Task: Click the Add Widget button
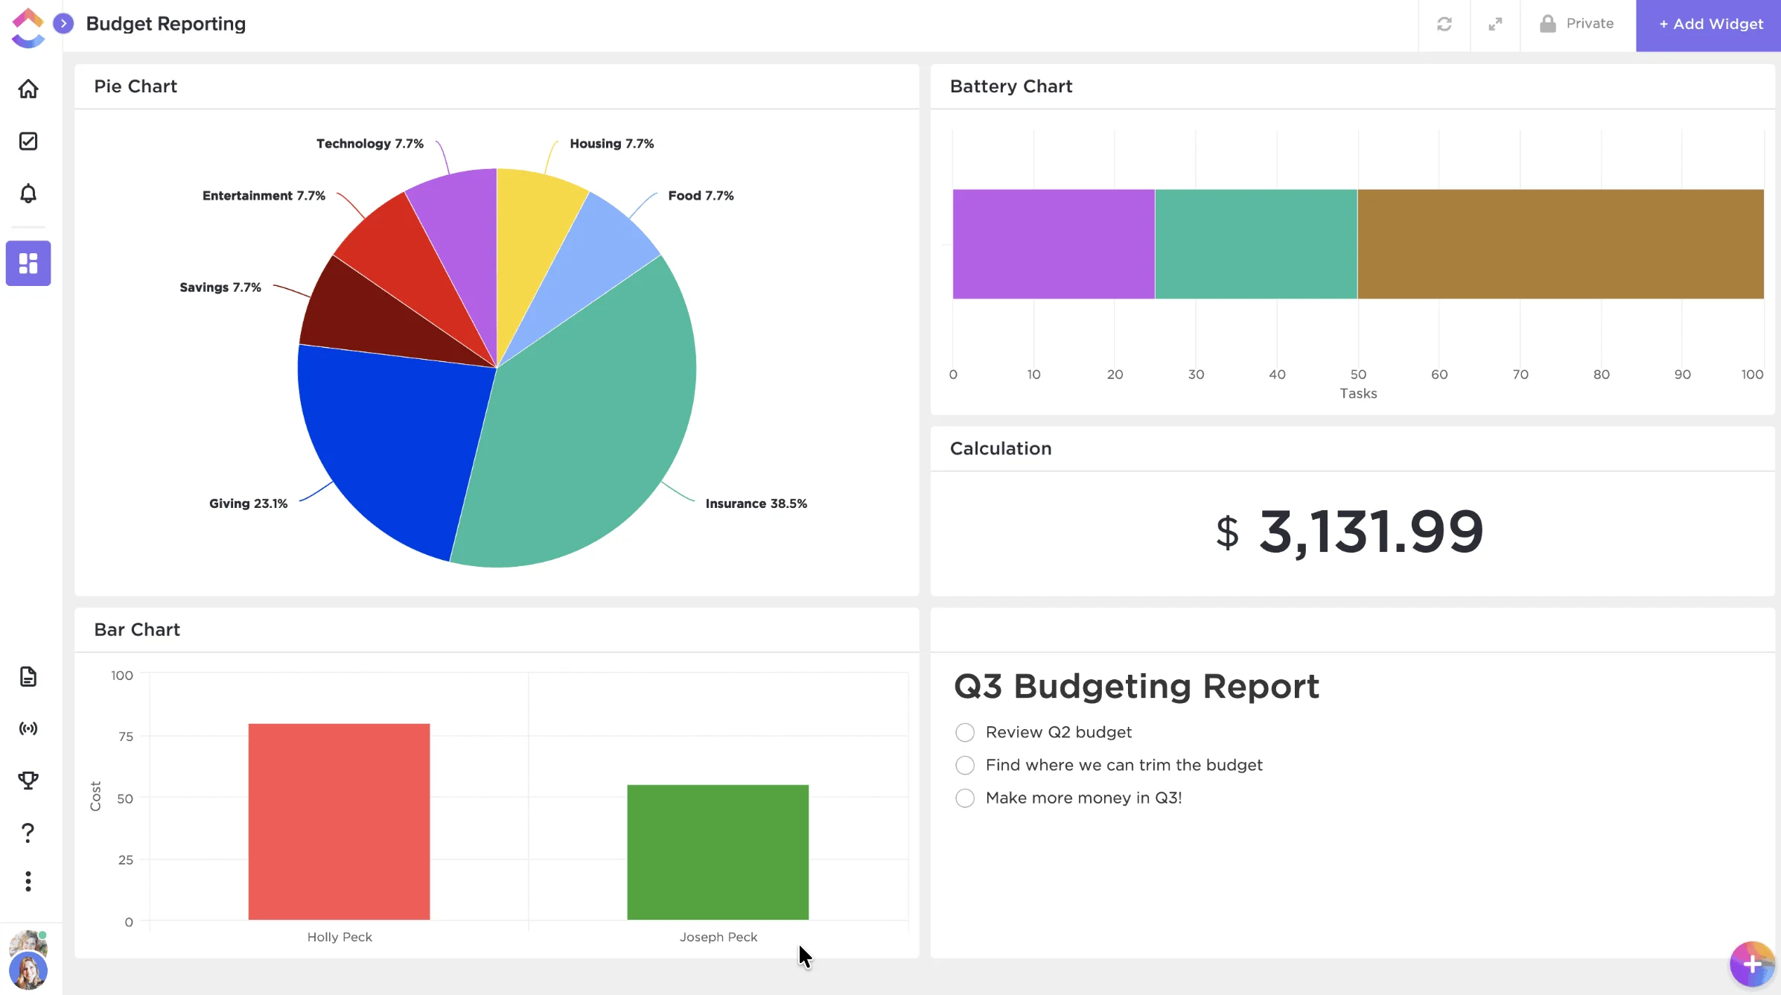click(1710, 25)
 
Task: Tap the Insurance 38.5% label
click(756, 503)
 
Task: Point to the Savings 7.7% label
click(220, 287)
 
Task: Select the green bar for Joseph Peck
click(718, 852)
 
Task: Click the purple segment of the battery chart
click(1054, 244)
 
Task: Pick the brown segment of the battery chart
click(1560, 244)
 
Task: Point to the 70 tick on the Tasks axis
click(1520, 375)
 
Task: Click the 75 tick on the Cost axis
click(126, 737)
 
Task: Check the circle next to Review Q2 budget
click(965, 733)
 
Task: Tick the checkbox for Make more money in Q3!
click(965, 798)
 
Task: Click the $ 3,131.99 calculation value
click(1349, 532)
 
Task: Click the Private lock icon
click(1548, 24)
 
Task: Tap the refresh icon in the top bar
click(1444, 25)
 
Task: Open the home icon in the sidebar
click(28, 89)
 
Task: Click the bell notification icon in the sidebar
click(28, 194)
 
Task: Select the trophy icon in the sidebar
click(28, 781)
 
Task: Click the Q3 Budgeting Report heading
click(1136, 687)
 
